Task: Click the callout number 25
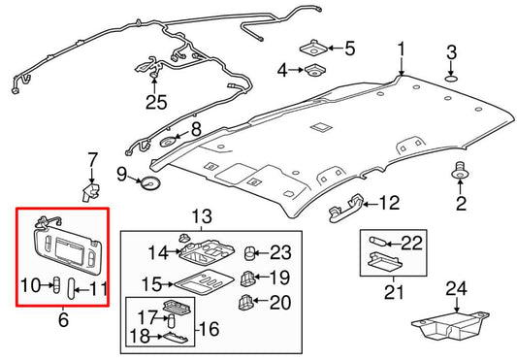pos(156,102)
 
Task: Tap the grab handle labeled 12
pos(346,208)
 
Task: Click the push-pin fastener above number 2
pos(460,170)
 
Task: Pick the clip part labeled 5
pos(313,49)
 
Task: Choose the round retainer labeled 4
pos(315,70)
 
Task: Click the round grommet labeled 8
pos(168,142)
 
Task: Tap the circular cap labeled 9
pos(150,182)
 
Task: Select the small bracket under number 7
pos(91,192)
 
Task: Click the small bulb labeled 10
pos(57,284)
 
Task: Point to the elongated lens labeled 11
pos(71,288)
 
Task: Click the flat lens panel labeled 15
pos(204,282)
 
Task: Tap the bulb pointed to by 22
pos(377,243)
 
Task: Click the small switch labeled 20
pos(245,302)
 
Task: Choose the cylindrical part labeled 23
pos(249,252)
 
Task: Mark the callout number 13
pos(202,216)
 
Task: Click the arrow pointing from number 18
pos(154,337)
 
